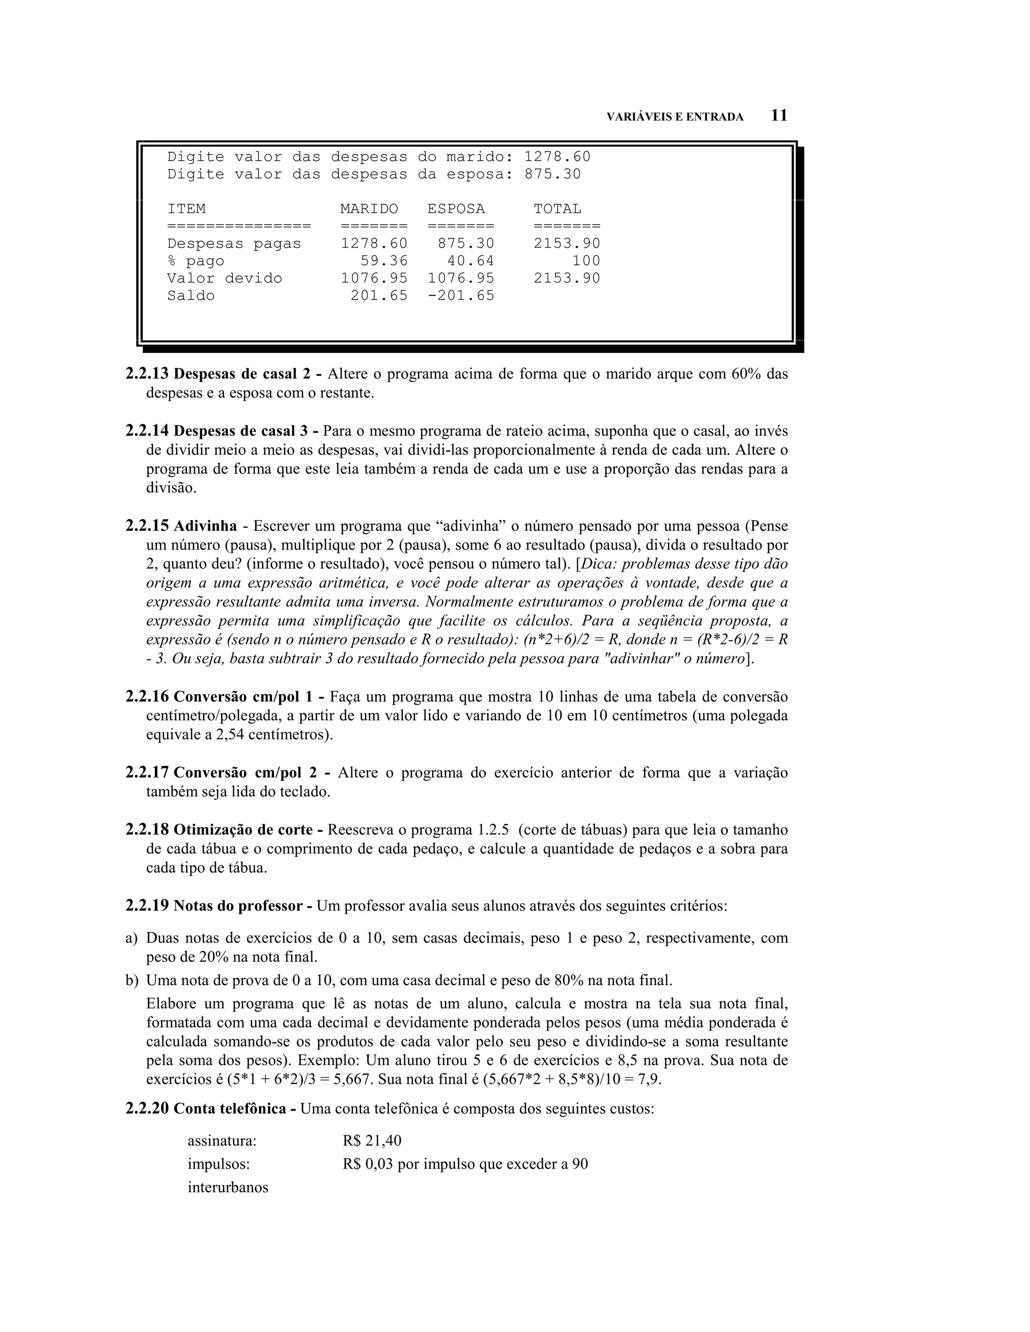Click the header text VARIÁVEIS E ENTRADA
(674, 117)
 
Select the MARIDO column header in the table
(369, 209)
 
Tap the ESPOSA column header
(456, 209)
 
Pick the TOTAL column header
(557, 209)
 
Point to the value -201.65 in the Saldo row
(461, 296)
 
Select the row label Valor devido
(224, 279)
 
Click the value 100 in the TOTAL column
(586, 261)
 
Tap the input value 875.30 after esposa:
(552, 174)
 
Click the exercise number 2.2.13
(146, 374)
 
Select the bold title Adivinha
(205, 526)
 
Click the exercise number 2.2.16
(146, 697)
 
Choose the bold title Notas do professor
(238, 906)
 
